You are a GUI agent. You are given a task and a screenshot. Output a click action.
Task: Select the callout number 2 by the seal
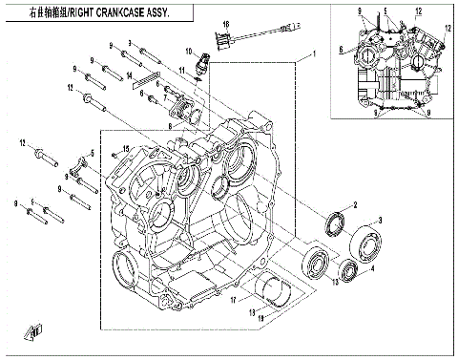click(355, 205)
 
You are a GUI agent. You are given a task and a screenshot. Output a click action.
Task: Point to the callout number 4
click(372, 269)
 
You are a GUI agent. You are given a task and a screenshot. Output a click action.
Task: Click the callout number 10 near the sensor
click(189, 50)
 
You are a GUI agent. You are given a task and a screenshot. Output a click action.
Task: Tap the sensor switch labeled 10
click(202, 68)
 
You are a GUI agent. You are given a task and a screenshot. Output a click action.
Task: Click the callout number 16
click(226, 22)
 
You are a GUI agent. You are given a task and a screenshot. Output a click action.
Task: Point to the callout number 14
click(130, 74)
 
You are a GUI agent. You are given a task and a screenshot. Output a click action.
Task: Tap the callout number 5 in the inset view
click(385, 11)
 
